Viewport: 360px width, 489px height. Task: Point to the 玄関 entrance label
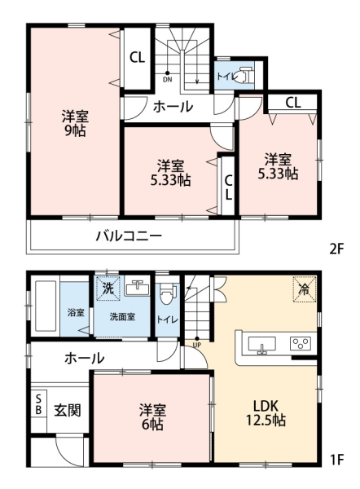(68, 410)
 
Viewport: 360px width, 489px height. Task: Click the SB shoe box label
(38, 405)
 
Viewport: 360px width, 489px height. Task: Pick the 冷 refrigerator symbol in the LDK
(303, 289)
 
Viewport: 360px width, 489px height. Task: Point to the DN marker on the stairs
(167, 80)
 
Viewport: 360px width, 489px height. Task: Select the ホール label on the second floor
(173, 106)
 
